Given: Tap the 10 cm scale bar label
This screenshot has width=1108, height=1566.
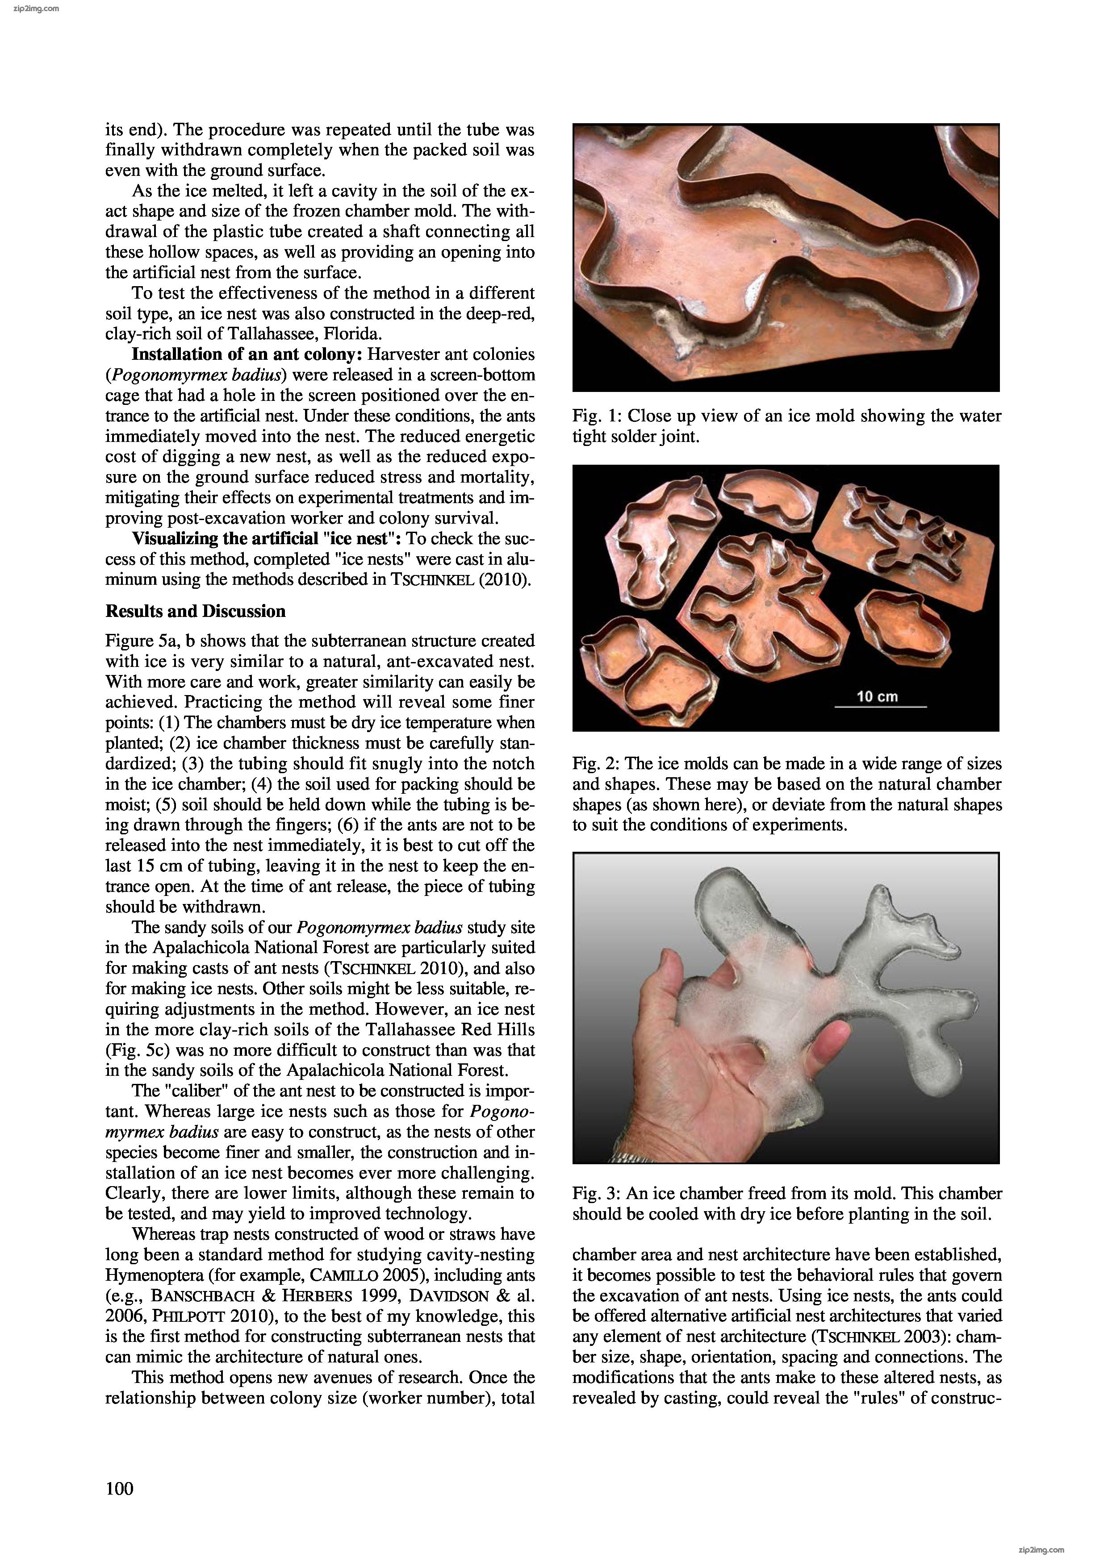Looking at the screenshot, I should coord(878,696).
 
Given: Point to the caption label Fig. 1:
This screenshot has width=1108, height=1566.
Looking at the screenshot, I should coord(598,416).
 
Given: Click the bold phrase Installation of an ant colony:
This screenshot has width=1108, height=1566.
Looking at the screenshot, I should coord(247,354).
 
